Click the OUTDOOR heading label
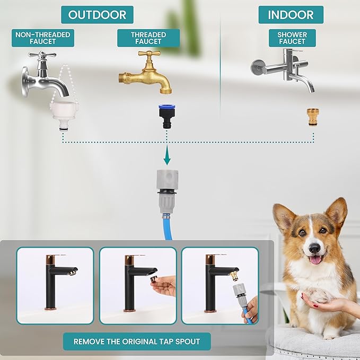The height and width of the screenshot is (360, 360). pos(97,15)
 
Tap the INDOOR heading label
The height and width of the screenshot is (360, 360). pos(291,15)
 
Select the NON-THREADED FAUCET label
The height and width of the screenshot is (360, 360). pos(43,38)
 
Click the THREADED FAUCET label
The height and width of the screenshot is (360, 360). pos(148,38)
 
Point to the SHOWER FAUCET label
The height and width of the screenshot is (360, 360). pos(292,38)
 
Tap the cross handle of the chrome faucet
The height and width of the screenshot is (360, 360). pos(42,55)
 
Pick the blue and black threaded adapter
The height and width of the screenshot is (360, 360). pos(167,116)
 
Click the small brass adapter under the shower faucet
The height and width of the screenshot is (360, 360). pos(313,117)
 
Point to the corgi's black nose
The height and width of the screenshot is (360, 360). pos(314,248)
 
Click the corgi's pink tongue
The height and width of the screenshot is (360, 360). pos(316,260)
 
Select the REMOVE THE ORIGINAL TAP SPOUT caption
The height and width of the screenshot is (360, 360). pos(137,341)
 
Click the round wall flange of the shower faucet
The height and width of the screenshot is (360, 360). pos(257,67)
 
